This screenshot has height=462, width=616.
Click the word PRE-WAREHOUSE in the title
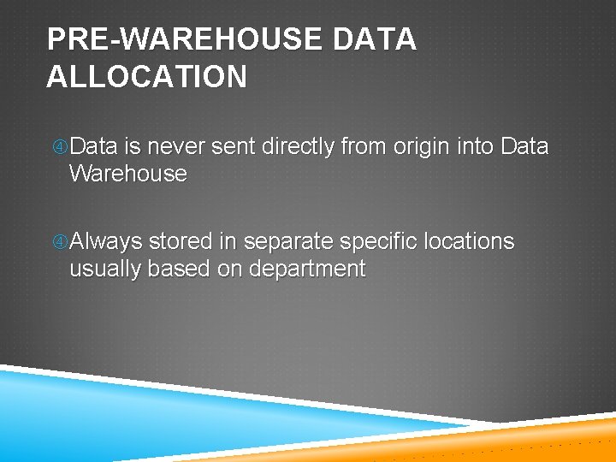(182, 39)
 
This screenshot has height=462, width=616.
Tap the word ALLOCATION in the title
(146, 77)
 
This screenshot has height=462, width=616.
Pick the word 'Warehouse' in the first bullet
(127, 174)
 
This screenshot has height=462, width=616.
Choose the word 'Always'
(106, 242)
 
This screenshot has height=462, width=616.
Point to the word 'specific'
(376, 242)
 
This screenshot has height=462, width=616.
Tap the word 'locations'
(466, 241)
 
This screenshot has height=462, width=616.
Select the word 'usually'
(105, 269)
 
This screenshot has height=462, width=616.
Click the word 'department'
(306, 269)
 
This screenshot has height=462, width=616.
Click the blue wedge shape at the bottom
(128, 419)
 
